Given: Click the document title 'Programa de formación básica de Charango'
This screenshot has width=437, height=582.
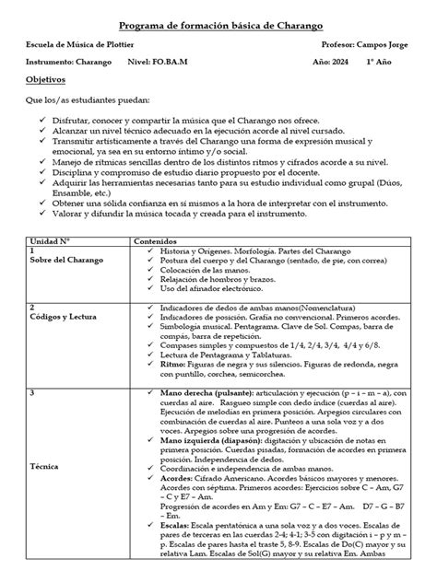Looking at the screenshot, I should pos(218,21).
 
